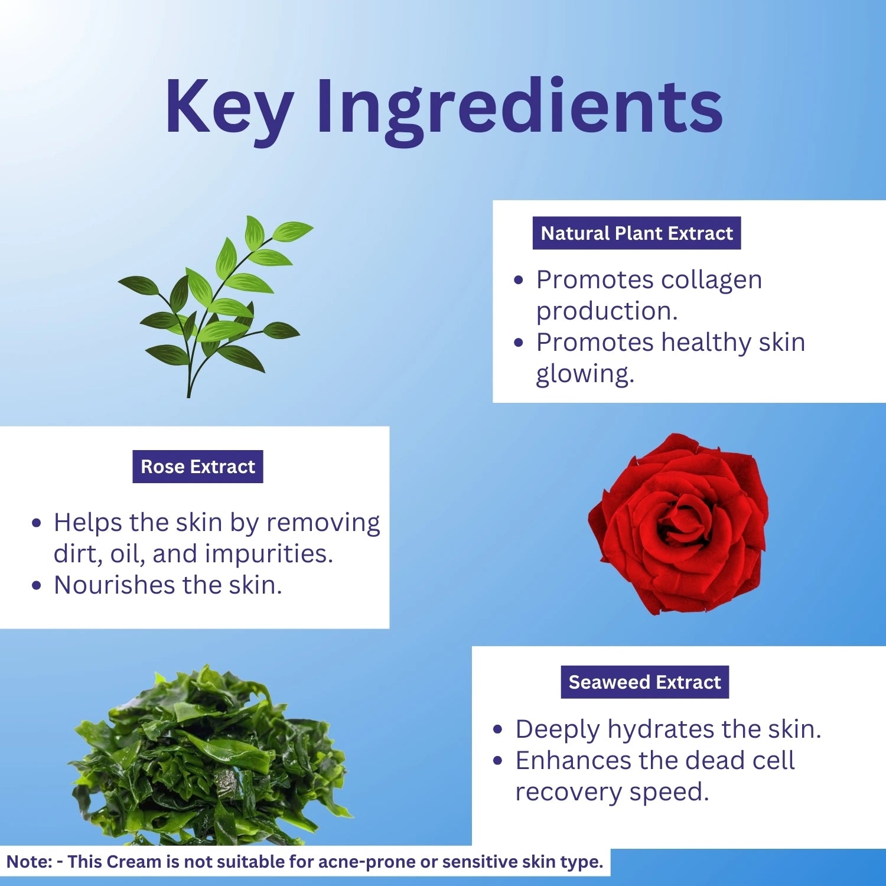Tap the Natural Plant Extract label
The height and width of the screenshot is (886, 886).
pos(637,233)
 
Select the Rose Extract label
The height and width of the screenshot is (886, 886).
pos(198,467)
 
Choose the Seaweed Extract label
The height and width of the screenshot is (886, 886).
pos(645,682)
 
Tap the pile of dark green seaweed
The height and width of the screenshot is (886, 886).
pos(210,756)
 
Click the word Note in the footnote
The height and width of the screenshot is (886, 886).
pos(30,862)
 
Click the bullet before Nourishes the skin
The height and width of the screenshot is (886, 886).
pos(37,586)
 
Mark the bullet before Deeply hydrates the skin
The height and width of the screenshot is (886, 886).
pos(498,730)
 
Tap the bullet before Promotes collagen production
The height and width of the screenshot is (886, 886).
pos(519,281)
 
